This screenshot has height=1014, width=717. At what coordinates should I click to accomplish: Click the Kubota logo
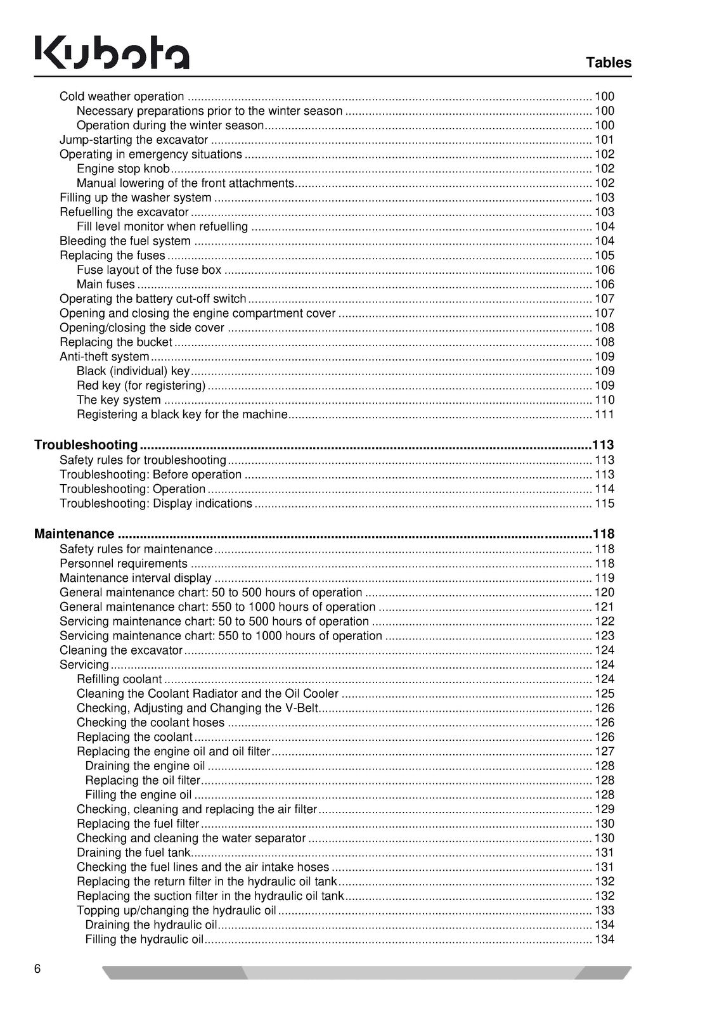112,53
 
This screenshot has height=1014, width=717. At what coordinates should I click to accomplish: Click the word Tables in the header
609,63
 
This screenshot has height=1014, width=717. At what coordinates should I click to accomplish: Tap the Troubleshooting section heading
86,445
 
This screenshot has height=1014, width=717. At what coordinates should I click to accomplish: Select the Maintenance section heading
74,534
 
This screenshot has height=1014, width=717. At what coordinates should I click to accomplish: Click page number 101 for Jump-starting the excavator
604,140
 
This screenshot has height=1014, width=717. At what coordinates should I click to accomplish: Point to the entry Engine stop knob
123,169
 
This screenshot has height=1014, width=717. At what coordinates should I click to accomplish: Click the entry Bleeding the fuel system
125,241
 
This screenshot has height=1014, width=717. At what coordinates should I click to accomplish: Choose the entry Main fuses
105,285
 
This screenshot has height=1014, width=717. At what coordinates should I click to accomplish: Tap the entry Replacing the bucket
115,342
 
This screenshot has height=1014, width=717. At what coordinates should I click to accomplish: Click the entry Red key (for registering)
141,386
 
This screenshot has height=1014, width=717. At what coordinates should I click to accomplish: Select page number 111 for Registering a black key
604,414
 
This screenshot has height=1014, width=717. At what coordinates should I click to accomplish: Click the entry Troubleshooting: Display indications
155,504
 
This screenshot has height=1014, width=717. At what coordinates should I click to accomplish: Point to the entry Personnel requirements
123,564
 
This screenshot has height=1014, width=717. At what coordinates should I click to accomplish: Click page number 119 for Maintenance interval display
604,578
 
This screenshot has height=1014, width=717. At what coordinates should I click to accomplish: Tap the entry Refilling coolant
119,679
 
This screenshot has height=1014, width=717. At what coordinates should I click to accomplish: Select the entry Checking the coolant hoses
150,723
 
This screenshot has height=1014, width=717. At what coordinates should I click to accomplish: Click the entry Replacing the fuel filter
138,824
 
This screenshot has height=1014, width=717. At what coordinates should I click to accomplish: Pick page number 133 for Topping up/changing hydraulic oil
604,911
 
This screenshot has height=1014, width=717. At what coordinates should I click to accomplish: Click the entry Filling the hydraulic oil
144,940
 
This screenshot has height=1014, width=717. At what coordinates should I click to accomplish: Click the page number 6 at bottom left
38,969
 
